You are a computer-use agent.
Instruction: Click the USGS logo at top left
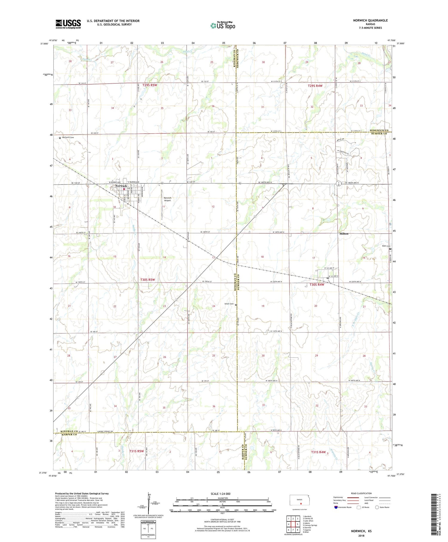pos(68,24)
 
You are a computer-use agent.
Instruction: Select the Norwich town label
pos(121,186)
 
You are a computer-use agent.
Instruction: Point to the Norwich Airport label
pos(167,199)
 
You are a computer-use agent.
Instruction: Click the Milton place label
pos(344,233)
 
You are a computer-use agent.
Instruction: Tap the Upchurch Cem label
pos(67,138)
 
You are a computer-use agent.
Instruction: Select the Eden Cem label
pos(386,246)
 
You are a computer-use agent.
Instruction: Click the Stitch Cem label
pos(229,304)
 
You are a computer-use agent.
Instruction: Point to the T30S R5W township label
pos(148,280)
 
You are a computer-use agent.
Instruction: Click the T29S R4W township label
pos(315,86)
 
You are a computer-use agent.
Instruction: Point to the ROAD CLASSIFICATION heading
pos(361,493)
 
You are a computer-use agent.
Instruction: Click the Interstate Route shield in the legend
pos(336,507)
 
